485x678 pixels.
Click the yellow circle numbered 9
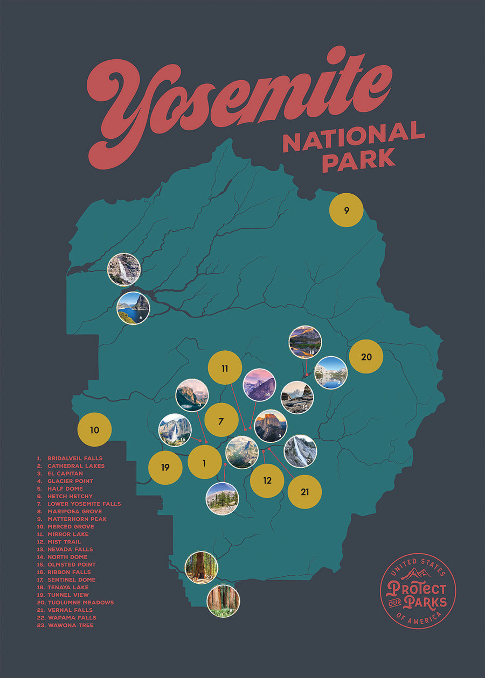click(x=346, y=210)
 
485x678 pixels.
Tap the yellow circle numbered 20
click(x=366, y=357)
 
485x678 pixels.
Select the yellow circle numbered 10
click(x=94, y=429)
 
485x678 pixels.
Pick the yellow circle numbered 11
click(x=225, y=368)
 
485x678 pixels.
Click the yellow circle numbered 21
click(x=304, y=491)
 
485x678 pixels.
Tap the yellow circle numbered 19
click(x=165, y=467)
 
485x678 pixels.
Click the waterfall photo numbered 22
click(x=124, y=270)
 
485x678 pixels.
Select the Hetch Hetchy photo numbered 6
click(x=133, y=308)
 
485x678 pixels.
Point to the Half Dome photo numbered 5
click(x=271, y=426)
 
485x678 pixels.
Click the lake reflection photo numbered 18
click(x=305, y=342)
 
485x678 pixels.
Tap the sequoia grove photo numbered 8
click(x=223, y=601)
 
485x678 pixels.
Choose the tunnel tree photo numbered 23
click(x=201, y=567)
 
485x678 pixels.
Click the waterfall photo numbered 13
click(x=300, y=451)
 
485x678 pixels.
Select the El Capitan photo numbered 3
click(x=192, y=395)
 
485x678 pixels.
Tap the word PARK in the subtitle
click(x=358, y=159)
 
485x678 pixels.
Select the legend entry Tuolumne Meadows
click(x=80, y=603)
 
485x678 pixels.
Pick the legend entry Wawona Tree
click(x=70, y=625)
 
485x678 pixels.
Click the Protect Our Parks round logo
click(x=418, y=590)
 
